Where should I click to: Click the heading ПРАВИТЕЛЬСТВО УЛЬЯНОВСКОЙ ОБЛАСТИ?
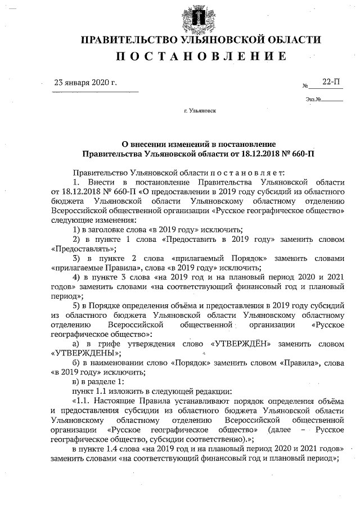201,40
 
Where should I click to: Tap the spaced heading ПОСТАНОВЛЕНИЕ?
201,56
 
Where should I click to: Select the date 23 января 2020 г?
85,82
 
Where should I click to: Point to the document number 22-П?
331,82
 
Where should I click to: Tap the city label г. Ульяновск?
200,111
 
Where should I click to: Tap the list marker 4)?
78,277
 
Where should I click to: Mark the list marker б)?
78,363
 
